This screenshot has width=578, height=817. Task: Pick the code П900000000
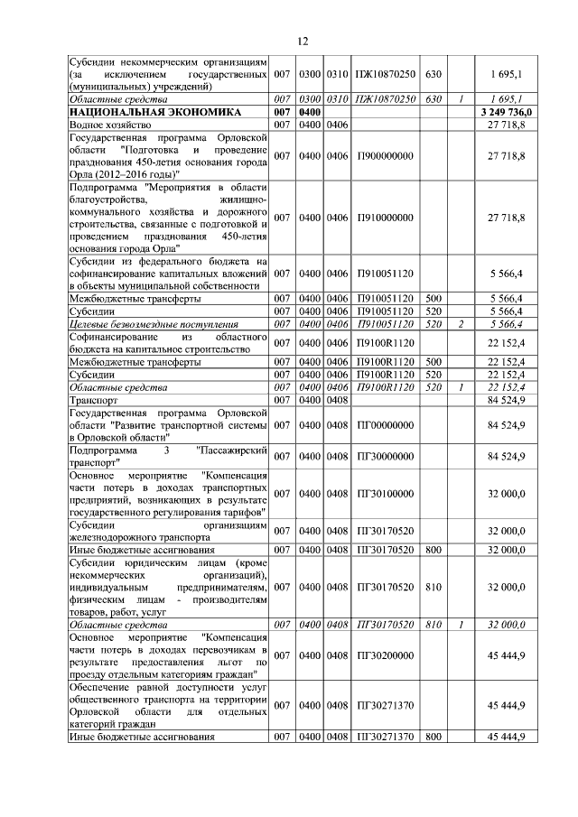386,155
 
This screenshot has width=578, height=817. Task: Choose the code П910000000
386,218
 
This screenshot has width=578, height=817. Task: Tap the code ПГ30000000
386,456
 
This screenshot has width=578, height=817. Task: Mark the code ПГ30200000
386,655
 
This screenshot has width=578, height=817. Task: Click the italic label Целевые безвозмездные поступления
154,324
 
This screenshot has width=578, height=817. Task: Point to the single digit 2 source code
461,324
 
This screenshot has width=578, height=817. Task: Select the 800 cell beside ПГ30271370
433,737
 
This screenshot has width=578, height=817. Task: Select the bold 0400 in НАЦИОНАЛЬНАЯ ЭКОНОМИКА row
312,111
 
